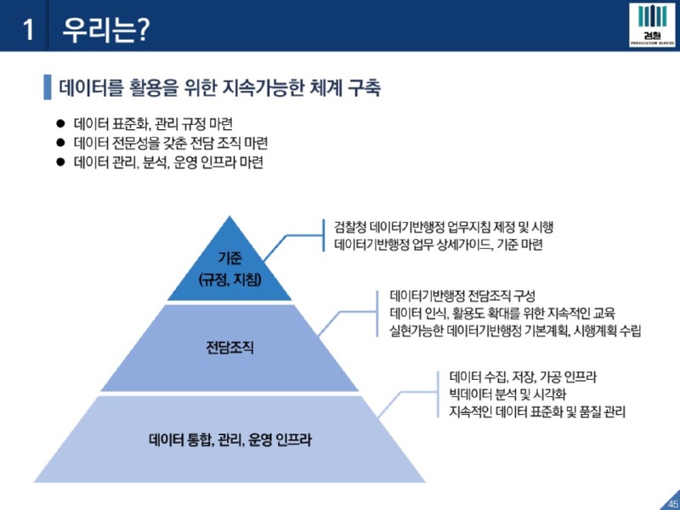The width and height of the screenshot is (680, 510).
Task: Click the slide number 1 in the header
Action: tap(28, 30)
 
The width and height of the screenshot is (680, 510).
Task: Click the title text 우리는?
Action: tap(105, 30)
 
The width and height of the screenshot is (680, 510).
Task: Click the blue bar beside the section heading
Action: tap(47, 86)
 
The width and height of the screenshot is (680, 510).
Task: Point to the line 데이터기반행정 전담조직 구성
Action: tap(463, 297)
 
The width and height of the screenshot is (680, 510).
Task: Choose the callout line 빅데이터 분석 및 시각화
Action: tap(507, 394)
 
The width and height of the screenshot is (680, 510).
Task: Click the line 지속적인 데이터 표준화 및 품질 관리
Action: tap(537, 412)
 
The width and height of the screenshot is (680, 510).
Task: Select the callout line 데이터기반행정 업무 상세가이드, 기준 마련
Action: tap(439, 245)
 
